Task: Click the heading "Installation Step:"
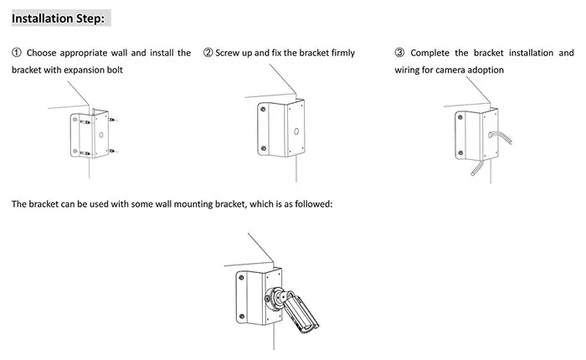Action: coord(58,17)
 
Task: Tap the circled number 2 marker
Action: coord(208,53)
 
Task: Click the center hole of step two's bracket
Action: coord(296,131)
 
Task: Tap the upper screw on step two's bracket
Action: coord(263,109)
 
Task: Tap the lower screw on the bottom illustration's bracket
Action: coord(241,316)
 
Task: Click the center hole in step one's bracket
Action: coord(100,134)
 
